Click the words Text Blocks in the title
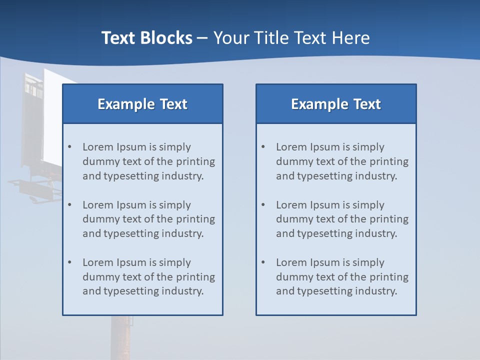tap(146, 38)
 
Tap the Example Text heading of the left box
tap(142, 104)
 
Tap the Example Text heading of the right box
tap(336, 104)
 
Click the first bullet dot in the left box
tap(69, 147)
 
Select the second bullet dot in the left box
tap(69, 205)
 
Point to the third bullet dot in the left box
tap(69, 262)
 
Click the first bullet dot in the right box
tap(263, 147)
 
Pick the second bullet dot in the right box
tap(263, 205)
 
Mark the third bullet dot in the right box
tap(263, 262)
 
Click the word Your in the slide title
tap(231, 38)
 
